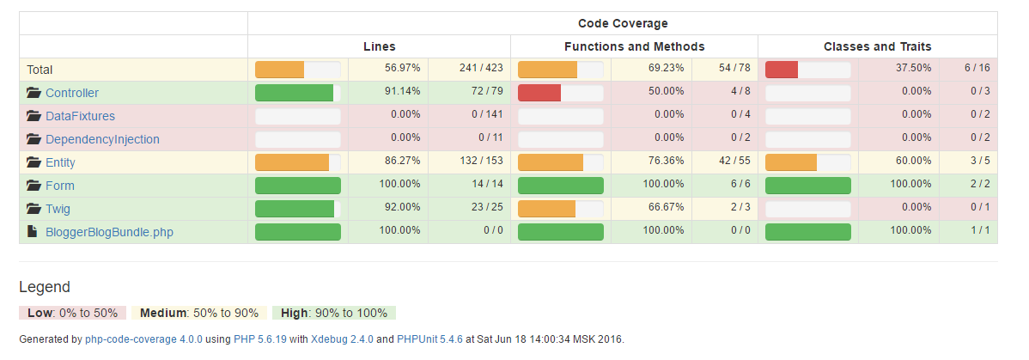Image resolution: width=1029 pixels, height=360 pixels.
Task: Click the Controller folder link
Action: click(72, 93)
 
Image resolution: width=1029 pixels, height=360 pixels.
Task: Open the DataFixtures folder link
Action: click(80, 116)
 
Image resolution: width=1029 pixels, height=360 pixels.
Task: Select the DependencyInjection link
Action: click(102, 139)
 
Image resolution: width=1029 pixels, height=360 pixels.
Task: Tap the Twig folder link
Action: click(58, 209)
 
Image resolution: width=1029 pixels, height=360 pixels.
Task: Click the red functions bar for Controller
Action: click(539, 93)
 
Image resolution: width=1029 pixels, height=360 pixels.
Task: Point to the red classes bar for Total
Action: click(782, 70)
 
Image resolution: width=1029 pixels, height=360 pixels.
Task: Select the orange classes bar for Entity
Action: click(791, 162)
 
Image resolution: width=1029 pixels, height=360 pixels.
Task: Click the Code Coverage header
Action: click(623, 23)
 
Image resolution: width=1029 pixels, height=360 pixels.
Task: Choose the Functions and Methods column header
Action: click(634, 46)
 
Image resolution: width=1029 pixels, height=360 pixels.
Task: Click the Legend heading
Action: click(45, 287)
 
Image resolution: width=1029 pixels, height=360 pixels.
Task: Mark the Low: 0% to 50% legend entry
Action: click(72, 313)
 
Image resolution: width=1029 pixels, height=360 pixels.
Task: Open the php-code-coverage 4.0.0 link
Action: click(143, 339)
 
